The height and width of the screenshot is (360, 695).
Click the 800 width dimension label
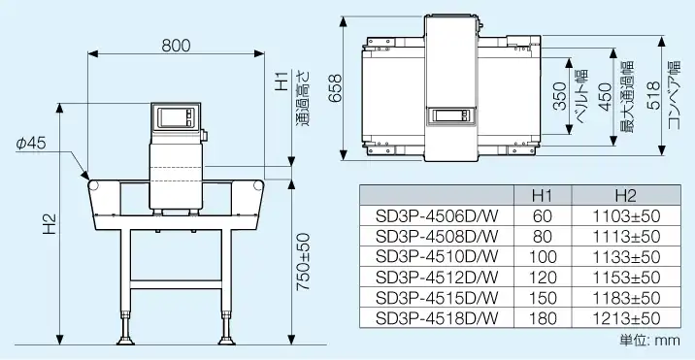coord(176,45)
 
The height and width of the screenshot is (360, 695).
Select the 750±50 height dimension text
coord(303,262)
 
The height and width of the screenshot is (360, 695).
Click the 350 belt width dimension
coord(560,101)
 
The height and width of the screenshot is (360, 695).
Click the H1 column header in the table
coord(542,195)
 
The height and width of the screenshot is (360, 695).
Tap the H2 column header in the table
coord(625,195)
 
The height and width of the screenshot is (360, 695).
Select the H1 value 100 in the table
coord(542,257)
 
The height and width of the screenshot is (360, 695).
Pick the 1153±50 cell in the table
coord(625,278)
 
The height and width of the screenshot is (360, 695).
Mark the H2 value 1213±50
coord(625,318)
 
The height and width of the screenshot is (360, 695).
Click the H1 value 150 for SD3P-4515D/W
coord(542,298)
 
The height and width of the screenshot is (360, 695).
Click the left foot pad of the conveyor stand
coord(127,341)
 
